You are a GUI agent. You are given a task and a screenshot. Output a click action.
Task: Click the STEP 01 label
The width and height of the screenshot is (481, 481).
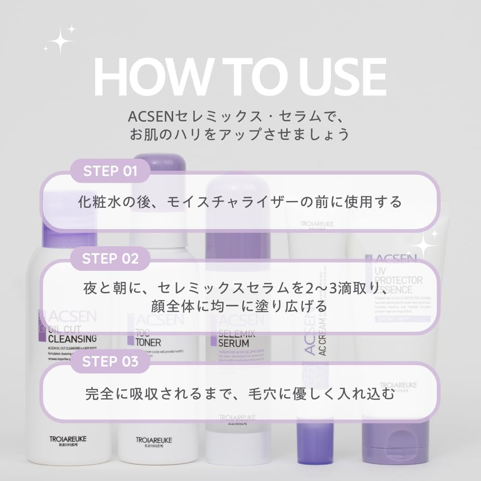110,171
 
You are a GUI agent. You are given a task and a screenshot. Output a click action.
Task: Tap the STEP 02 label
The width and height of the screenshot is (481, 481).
110,258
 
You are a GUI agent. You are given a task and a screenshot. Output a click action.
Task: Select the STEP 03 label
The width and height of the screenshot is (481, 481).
110,362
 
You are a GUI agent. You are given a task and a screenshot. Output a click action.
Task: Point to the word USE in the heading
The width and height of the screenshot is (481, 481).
337,77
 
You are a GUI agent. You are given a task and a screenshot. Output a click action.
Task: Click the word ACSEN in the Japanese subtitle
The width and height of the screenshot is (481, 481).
144,117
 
